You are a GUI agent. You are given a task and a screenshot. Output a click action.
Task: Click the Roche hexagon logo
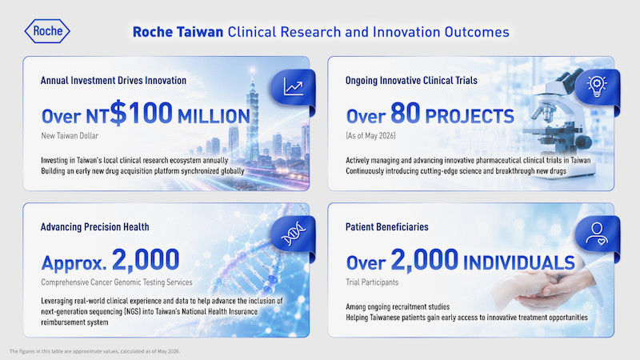pyautogui.click(x=47, y=31)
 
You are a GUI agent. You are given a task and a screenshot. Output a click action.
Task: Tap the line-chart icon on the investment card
pyautogui.click(x=294, y=87)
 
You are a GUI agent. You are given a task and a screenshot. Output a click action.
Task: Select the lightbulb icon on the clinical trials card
pyautogui.click(x=597, y=86)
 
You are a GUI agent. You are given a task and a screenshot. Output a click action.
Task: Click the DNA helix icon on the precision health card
pyautogui.click(x=293, y=234)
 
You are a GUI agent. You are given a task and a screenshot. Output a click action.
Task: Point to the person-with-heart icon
pyautogui.click(x=596, y=234)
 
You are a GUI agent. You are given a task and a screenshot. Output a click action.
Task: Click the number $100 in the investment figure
pyautogui.click(x=142, y=112)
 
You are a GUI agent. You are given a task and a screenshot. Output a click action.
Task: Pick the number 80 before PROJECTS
pyautogui.click(x=406, y=113)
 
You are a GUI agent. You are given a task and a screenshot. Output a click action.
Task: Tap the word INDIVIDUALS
pyautogui.click(x=518, y=262)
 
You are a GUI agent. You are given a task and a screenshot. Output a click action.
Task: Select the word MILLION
pyautogui.click(x=214, y=116)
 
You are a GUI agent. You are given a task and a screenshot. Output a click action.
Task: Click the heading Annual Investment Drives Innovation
pyautogui.click(x=114, y=81)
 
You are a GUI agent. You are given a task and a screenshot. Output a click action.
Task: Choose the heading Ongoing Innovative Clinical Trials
pyautogui.click(x=411, y=81)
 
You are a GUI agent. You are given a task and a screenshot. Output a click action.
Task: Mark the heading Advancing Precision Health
pyautogui.click(x=94, y=227)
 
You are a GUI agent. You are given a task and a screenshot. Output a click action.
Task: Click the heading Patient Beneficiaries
pyautogui.click(x=387, y=227)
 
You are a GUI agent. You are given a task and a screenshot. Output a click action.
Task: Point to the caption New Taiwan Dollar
pyautogui.click(x=70, y=136)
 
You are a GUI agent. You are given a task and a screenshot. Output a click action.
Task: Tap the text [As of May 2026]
pyautogui.click(x=370, y=136)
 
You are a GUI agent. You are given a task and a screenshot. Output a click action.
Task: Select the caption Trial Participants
pyautogui.click(x=372, y=282)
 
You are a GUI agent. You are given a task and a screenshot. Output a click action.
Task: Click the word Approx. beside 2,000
pyautogui.click(x=74, y=263)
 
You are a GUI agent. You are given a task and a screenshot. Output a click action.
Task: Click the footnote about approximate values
pyautogui.click(x=94, y=351)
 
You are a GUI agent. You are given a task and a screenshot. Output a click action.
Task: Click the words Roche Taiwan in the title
pyautogui.click(x=178, y=32)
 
